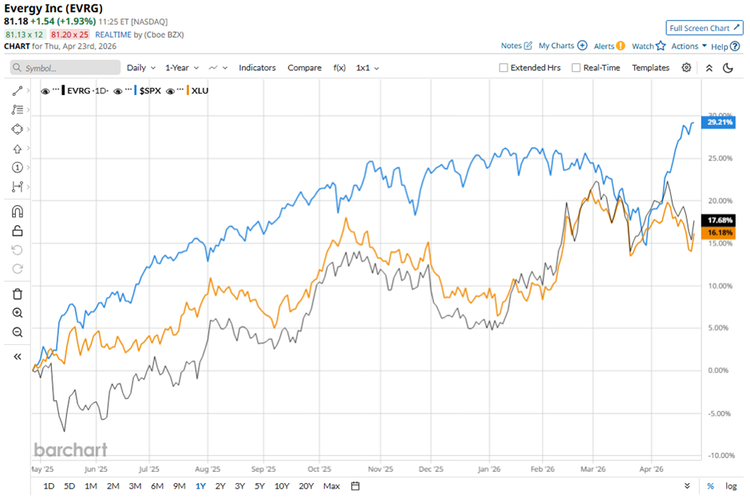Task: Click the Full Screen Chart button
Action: point(705,28)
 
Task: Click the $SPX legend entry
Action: point(149,91)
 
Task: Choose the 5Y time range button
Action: point(259,486)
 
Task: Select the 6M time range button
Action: point(157,486)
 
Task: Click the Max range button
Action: point(332,486)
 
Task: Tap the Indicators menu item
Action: point(257,68)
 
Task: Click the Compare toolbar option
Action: point(304,68)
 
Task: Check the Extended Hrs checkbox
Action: point(503,68)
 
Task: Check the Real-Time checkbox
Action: point(576,68)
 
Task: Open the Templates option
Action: point(650,68)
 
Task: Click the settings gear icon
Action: point(686,68)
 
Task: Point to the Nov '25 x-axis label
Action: point(381,469)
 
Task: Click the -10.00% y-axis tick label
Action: point(720,455)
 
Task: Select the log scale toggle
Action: point(731,486)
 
